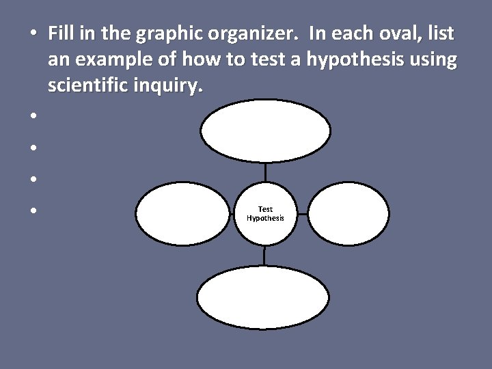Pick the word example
106,60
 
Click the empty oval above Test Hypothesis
266,131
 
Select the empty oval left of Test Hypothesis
182,213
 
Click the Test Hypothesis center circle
266,213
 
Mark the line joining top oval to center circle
266,172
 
